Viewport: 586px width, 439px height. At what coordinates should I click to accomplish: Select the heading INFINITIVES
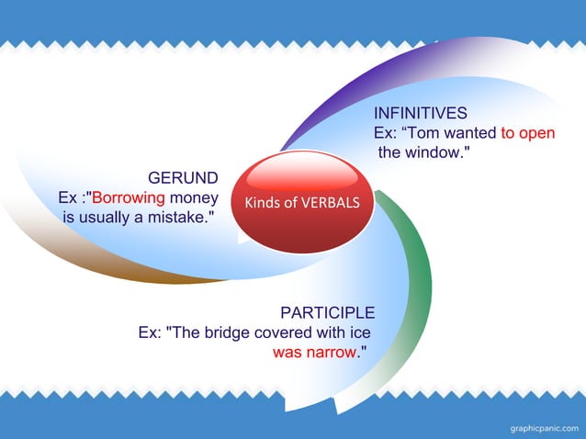point(420,114)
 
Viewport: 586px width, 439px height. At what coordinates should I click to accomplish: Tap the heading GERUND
point(183,177)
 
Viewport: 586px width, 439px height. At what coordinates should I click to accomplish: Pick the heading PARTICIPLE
point(327,312)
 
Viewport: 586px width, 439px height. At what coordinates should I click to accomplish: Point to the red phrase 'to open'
point(527,133)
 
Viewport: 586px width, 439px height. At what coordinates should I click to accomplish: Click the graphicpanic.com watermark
point(544,427)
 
